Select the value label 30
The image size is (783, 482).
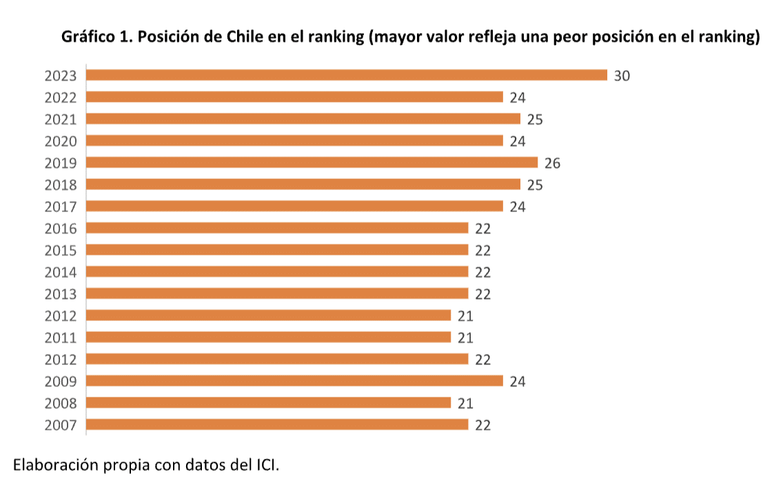(622, 76)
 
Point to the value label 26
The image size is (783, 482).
(552, 163)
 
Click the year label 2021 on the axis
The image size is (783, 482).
(61, 119)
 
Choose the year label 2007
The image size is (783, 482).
(61, 425)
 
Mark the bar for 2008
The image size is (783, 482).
(268, 403)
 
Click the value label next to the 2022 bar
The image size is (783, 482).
(518, 98)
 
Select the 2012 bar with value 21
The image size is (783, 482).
(268, 315)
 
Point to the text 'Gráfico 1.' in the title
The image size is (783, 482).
(96, 37)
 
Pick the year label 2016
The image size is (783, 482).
(61, 229)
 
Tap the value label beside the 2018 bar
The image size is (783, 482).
(535, 185)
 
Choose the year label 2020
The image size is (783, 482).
(61, 141)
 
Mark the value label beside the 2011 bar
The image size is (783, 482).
(465, 337)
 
